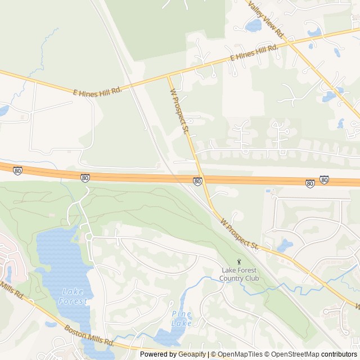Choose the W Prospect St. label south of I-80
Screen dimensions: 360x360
tap(240, 233)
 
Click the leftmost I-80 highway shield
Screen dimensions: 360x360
tap(18, 170)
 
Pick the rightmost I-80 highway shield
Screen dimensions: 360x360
tap(324, 180)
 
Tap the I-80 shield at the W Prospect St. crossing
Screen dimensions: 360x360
tap(197, 181)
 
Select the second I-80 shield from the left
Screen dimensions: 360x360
tap(84, 178)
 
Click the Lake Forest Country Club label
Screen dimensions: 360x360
tap(240, 274)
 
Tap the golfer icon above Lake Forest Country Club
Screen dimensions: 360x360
tap(239, 262)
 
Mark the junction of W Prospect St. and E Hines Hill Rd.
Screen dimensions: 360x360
tap(168, 76)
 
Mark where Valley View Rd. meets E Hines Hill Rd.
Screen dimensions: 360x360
tap(292, 42)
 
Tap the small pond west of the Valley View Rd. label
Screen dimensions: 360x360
tap(254, 25)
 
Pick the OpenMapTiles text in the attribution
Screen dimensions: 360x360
tap(240, 354)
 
